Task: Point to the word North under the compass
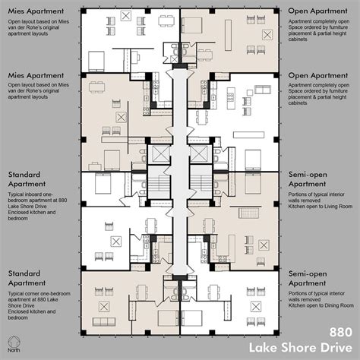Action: [x=14, y=352]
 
